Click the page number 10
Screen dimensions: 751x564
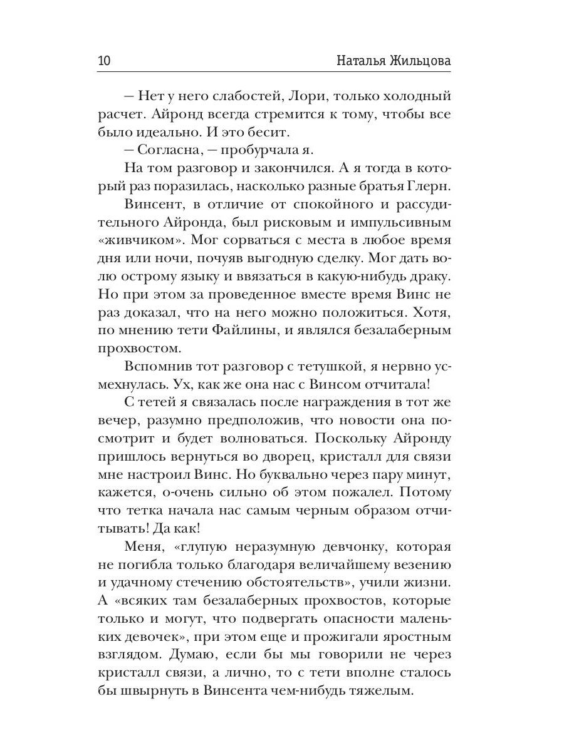[x=104, y=61]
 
